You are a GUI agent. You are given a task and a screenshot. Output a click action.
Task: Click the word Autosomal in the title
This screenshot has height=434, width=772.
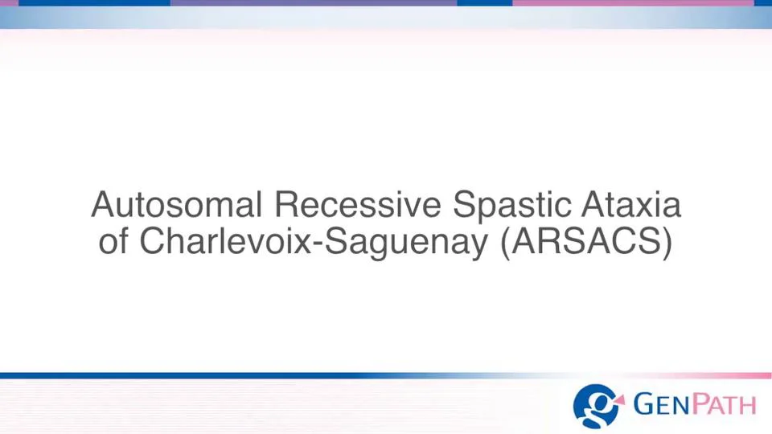tap(177, 206)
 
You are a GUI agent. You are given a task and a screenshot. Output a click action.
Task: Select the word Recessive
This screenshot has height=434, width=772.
tap(359, 206)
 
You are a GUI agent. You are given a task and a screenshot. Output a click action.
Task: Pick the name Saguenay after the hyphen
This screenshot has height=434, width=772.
tap(411, 243)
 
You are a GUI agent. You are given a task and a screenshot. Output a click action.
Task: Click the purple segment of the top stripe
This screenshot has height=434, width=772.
tap(314, 3)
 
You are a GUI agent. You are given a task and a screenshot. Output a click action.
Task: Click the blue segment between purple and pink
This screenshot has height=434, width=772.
tap(484, 3)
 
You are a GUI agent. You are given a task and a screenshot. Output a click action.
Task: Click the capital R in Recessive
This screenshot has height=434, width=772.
tap(285, 206)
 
